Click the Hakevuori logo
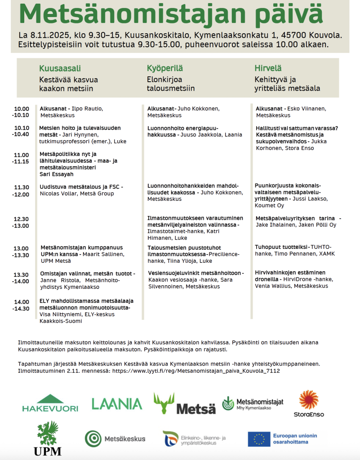[x=50, y=403]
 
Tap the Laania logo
[x=117, y=404]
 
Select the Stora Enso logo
[x=309, y=403]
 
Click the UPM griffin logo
[x=48, y=438]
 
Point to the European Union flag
[x=258, y=439]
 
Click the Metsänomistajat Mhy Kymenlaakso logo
[x=253, y=403]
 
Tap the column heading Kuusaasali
[x=60, y=68]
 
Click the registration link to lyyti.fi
[x=196, y=371]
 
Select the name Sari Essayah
[x=56, y=174]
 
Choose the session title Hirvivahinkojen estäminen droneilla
[x=290, y=275]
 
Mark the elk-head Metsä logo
[x=184, y=403]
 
